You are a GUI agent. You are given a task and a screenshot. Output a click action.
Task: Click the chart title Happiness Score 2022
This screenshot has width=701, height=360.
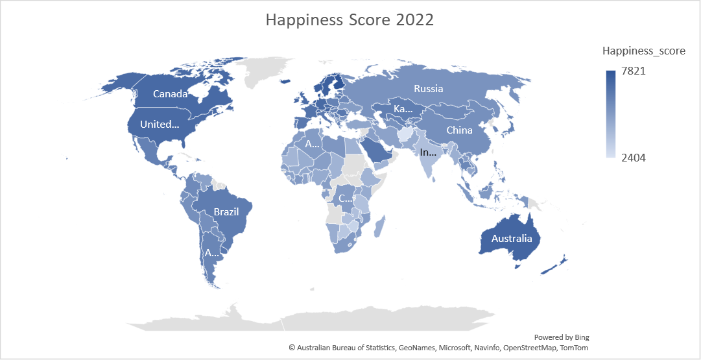pos(350,20)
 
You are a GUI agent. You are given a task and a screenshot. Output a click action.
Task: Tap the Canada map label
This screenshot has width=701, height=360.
pos(170,94)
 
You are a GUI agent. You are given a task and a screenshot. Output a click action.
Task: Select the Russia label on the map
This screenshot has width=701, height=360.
pos(428,88)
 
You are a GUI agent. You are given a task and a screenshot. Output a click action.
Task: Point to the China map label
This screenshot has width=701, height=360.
pos(459,130)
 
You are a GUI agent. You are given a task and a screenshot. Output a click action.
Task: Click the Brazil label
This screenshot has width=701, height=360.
pos(226,212)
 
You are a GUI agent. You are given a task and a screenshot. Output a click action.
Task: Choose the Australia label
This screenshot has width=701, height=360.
pos(512,239)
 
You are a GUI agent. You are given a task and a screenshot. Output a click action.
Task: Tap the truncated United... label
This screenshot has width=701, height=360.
pos(160,125)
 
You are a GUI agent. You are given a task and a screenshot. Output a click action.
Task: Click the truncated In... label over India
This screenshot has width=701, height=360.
pos(429,154)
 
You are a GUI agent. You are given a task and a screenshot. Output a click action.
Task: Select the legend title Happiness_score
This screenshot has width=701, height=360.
pos(643,51)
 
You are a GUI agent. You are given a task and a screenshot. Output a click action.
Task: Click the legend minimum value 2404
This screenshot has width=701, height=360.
pos(634,158)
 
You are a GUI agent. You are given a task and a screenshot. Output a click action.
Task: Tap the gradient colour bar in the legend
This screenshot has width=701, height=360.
pos(611,114)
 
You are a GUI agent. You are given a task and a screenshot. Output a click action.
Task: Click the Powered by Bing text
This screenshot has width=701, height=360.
pos(562,337)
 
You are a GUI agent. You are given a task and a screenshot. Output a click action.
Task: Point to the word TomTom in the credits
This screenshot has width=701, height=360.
pos(574,348)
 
